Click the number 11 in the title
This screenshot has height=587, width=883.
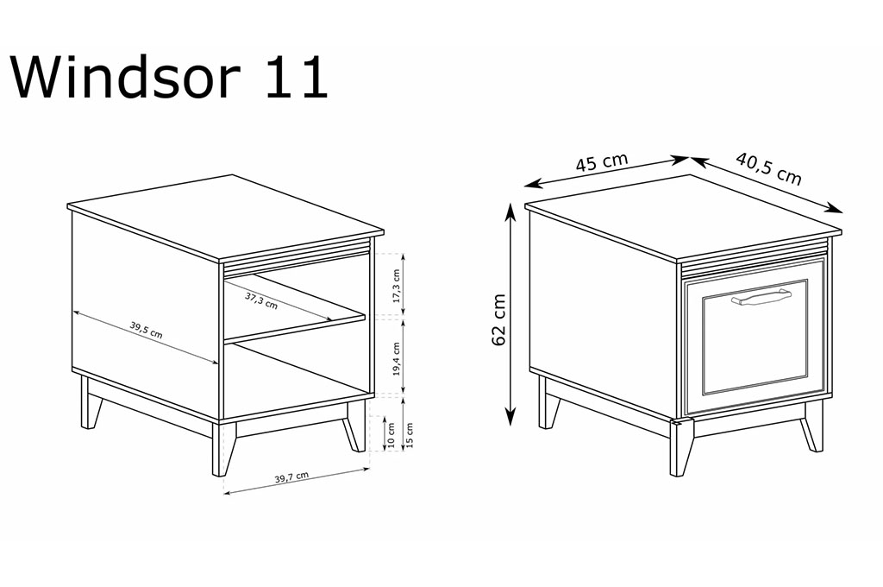tap(297, 78)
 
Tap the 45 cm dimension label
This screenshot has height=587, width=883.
tap(601, 162)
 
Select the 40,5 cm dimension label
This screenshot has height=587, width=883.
tap(768, 168)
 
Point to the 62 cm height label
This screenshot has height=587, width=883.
tap(499, 319)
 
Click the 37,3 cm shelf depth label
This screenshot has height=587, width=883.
tap(261, 300)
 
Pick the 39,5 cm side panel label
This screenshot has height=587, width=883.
tap(147, 330)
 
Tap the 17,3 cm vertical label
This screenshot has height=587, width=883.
tap(397, 286)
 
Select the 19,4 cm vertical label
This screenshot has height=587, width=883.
tap(397, 358)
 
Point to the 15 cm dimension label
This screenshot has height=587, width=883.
tap(410, 435)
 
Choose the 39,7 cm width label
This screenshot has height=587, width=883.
tap(291, 477)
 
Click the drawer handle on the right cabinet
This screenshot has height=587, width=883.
tap(761, 297)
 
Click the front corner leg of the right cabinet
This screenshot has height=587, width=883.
tap(680, 448)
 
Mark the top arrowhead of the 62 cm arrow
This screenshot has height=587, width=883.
tap(510, 211)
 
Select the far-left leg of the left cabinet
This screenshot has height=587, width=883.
tap(90, 403)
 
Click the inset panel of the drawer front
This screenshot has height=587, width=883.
tap(755, 337)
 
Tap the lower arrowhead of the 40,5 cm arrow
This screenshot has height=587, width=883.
tap(836, 209)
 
